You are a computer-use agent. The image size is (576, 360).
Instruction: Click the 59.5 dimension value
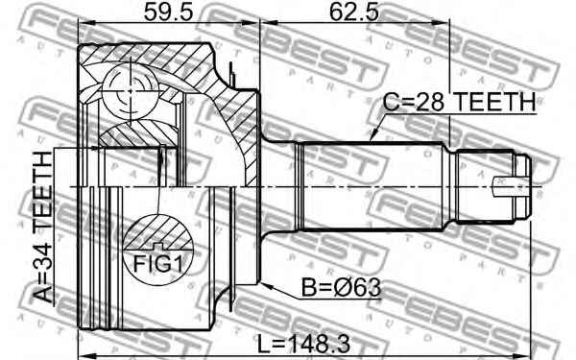coord(168,12)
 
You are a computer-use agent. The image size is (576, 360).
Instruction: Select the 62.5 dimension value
coord(353,12)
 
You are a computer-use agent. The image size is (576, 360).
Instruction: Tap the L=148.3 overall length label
coord(303,345)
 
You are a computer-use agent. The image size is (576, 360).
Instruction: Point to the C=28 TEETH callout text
coord(459,102)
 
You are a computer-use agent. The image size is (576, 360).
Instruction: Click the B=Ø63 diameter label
coord(341,288)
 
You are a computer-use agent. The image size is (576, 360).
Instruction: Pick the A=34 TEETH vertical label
coord(44,227)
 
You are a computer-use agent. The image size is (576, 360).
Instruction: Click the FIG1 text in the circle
coord(157,263)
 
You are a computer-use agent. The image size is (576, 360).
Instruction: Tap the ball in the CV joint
coord(130,91)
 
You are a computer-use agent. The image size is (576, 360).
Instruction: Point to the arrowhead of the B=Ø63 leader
coord(266,285)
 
